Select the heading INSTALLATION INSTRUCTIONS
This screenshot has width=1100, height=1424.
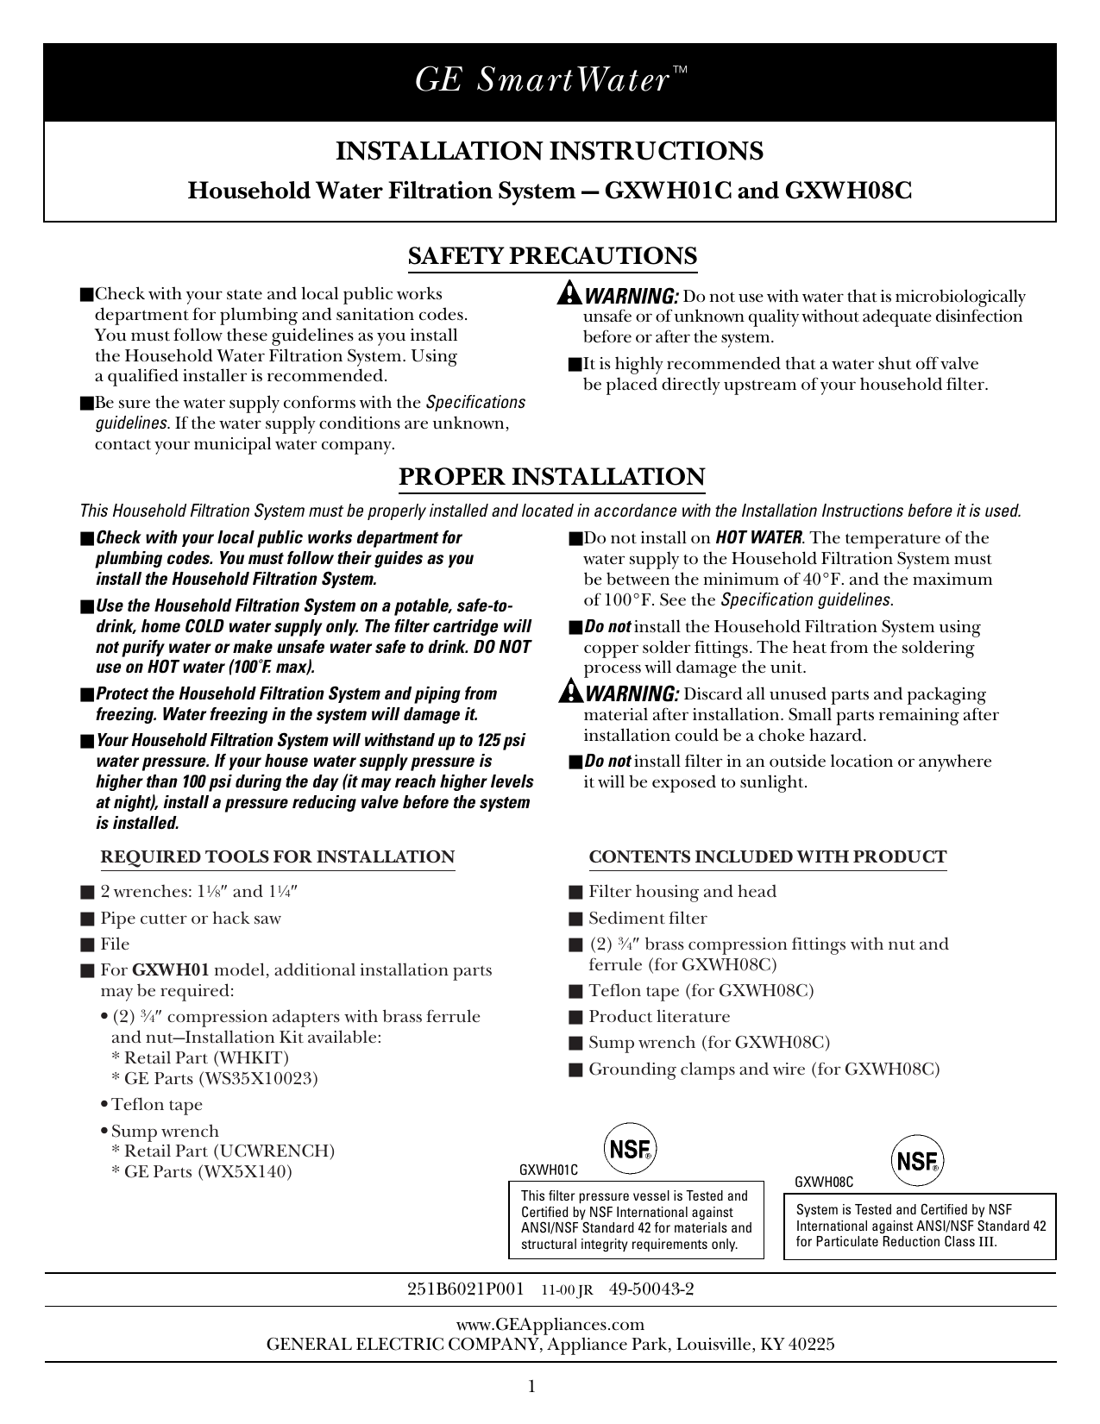click(x=550, y=151)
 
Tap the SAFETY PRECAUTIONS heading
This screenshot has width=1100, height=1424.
click(x=551, y=256)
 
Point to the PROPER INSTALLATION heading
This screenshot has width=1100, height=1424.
click(x=551, y=477)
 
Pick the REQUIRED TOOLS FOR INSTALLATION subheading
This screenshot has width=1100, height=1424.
click(x=278, y=857)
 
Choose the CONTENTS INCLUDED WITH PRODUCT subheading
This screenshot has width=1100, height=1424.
click(x=767, y=857)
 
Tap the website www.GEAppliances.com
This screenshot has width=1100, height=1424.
click(x=550, y=1325)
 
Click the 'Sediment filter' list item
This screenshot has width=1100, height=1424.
click(x=647, y=919)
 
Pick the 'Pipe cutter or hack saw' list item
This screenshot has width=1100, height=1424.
click(x=191, y=919)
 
